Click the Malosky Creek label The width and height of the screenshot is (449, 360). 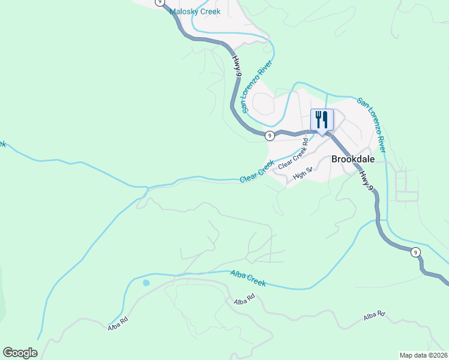[195, 11]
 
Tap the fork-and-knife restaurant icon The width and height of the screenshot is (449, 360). [322, 119]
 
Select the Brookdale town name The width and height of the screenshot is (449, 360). [353, 159]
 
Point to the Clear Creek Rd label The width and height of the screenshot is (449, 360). [293, 154]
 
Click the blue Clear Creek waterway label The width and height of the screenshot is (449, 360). [257, 172]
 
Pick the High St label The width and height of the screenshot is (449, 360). [303, 175]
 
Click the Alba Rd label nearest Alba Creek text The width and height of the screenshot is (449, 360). [245, 297]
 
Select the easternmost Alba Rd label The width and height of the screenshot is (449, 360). [373, 316]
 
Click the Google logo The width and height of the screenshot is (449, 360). [20, 353]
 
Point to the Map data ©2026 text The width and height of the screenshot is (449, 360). [423, 355]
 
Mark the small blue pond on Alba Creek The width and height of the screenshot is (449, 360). [146, 283]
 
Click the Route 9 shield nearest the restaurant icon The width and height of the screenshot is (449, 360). [270, 136]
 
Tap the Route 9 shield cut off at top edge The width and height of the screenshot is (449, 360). [159, 2]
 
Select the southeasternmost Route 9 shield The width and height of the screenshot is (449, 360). [415, 252]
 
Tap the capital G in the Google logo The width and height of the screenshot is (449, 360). [7, 353]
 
